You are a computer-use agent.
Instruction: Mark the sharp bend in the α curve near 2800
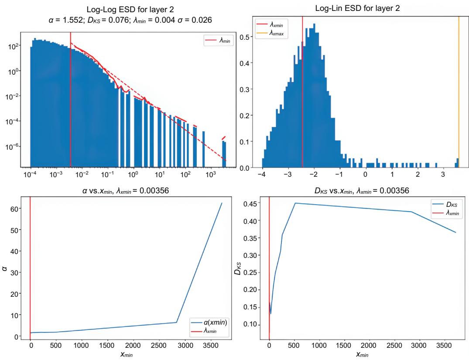(176, 322)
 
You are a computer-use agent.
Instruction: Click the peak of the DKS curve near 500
(295, 203)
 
